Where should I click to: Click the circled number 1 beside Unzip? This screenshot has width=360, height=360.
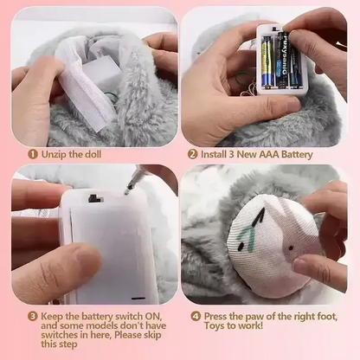tap(31, 154)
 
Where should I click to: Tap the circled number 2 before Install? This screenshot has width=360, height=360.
tap(193, 154)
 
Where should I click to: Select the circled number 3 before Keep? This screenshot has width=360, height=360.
tap(31, 317)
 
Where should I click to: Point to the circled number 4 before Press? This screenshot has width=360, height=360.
tap(196, 316)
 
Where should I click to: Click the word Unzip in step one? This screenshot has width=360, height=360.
tap(55, 154)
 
